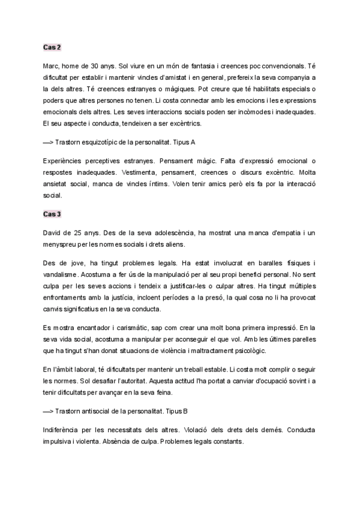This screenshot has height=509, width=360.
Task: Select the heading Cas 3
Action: (52, 214)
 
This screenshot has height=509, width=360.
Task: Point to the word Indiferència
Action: (65, 430)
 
